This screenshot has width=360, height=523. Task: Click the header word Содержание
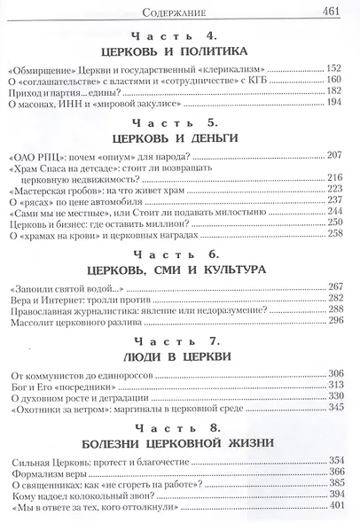[179, 12]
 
